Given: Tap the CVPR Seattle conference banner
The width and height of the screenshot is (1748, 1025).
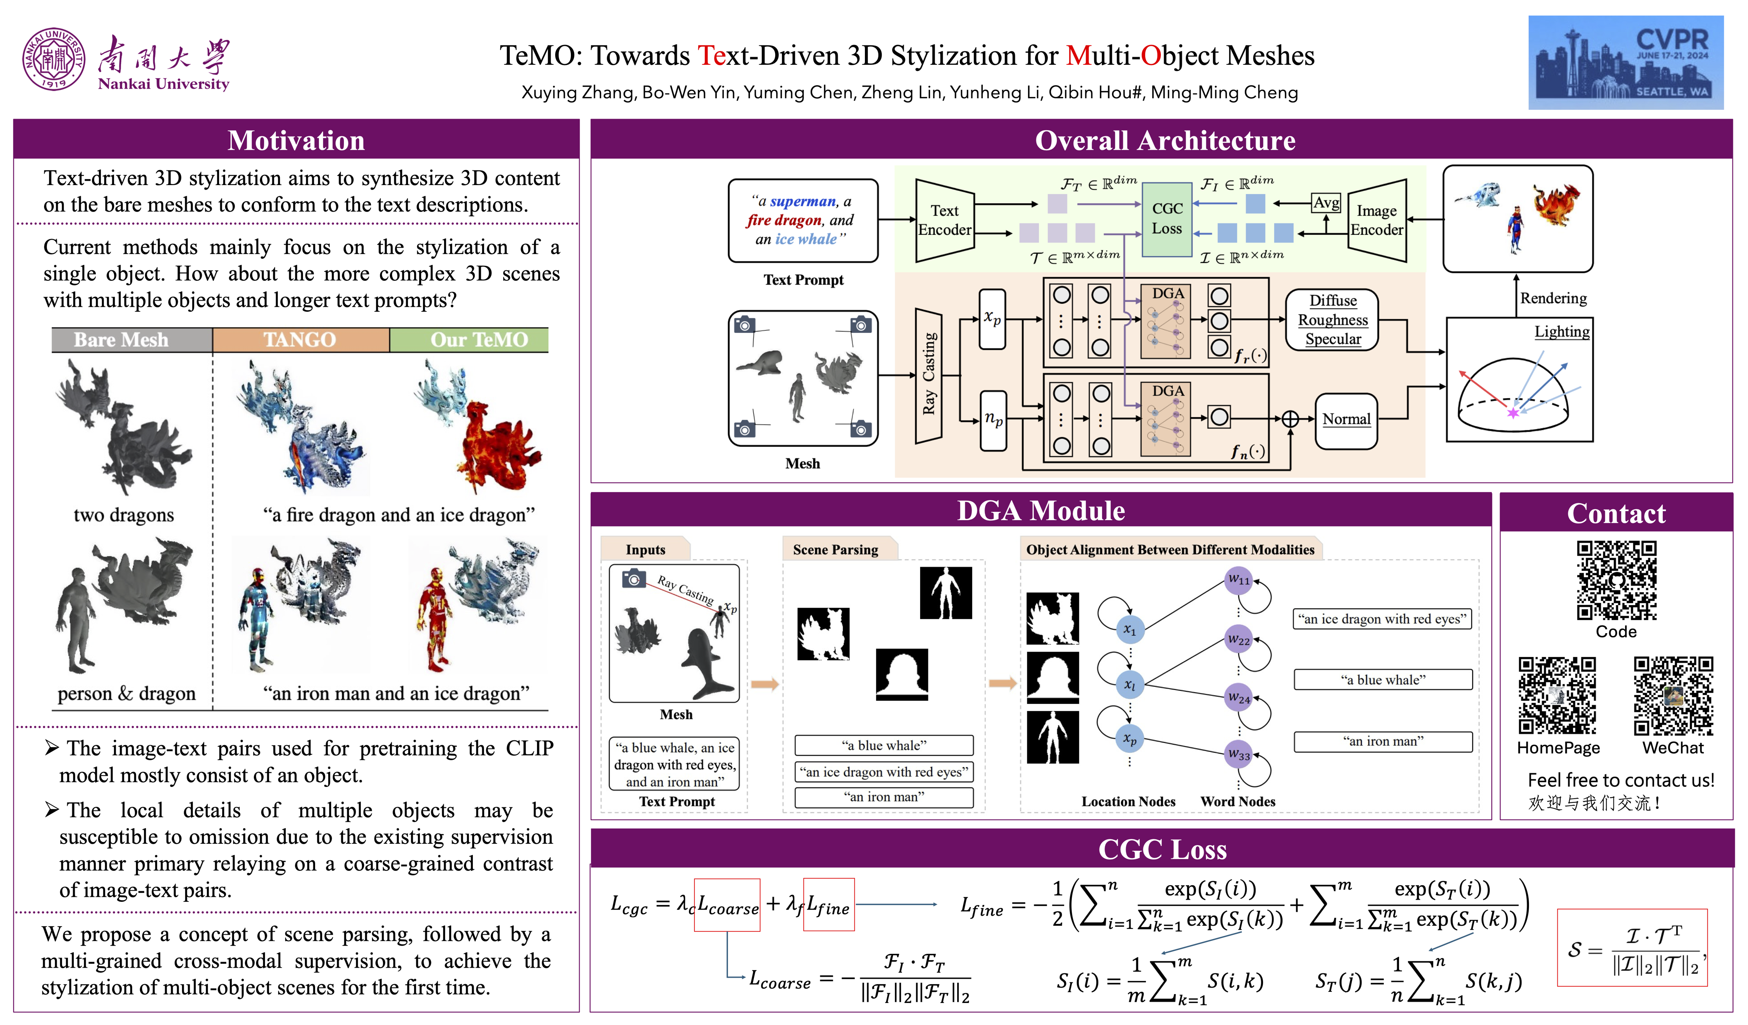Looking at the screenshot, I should click(x=1624, y=62).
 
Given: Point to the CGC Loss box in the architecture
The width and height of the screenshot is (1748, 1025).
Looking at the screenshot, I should click(x=1167, y=219).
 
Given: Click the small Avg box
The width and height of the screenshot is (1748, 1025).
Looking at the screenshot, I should click(x=1326, y=203).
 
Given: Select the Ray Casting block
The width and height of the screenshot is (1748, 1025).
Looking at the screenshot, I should click(x=929, y=374).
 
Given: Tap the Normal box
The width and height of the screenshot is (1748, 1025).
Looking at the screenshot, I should click(x=1346, y=419).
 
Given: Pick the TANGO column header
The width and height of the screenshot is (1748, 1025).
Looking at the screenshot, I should click(x=300, y=340).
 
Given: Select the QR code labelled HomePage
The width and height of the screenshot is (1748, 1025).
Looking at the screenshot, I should click(x=1557, y=696).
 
